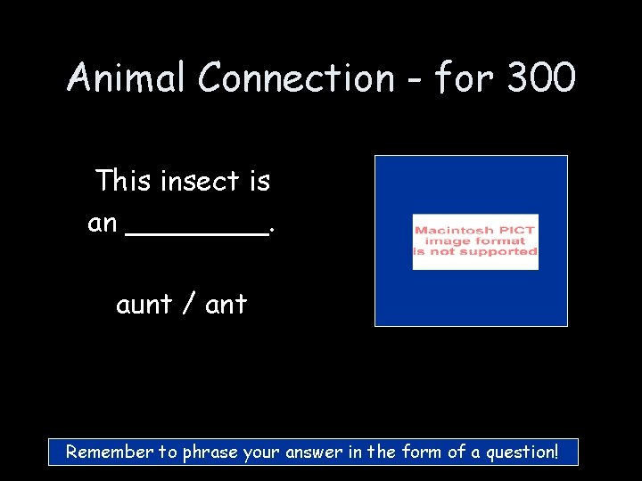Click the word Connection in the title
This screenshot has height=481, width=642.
pos(295,78)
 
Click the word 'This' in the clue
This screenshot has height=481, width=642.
pos(124,181)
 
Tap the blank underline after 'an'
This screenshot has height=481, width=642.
pos(198,233)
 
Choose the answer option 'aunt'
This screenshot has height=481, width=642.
pos(144,306)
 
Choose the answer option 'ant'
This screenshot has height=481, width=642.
pos(226,306)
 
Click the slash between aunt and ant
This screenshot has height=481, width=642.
pos(188,306)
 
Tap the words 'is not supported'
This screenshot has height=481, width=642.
pos(475,252)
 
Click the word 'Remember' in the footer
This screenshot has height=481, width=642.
pos(111,452)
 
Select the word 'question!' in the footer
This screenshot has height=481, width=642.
pos(520,452)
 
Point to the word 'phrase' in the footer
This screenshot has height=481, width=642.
pos(210,452)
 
